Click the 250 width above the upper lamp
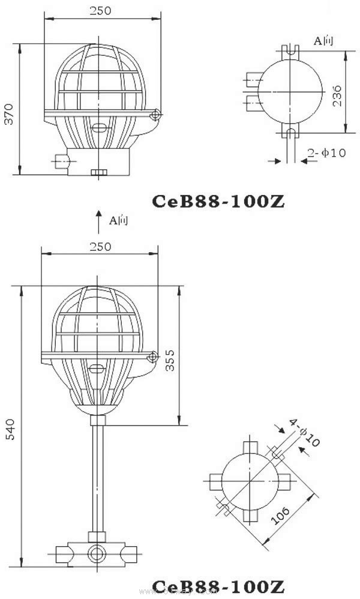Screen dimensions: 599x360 click(100, 10)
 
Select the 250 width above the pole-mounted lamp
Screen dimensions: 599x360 click(100, 247)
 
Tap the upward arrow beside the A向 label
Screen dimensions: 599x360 click(100, 221)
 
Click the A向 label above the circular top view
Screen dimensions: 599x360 click(324, 40)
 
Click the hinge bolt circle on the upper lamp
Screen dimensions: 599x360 click(155, 114)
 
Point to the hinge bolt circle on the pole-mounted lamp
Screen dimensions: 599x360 click(152, 357)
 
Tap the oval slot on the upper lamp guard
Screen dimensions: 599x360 click(100, 127)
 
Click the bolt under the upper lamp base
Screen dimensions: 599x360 click(99, 173)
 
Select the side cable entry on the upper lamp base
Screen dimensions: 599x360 click(60, 160)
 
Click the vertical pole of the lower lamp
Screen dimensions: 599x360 click(95, 474)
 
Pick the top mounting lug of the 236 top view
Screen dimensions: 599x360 click(291, 50)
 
